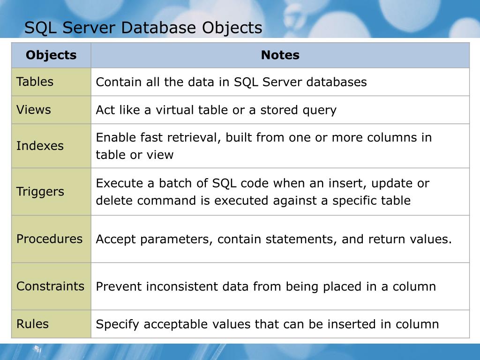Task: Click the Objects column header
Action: (51, 55)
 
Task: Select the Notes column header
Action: (280, 55)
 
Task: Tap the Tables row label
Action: (35, 82)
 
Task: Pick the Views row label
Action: (33, 110)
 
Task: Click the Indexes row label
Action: (40, 146)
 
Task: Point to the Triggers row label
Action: (40, 192)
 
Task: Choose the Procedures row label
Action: (49, 239)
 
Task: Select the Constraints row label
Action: (50, 286)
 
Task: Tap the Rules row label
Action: (32, 324)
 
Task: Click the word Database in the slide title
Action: (159, 28)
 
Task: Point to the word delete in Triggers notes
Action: (112, 201)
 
